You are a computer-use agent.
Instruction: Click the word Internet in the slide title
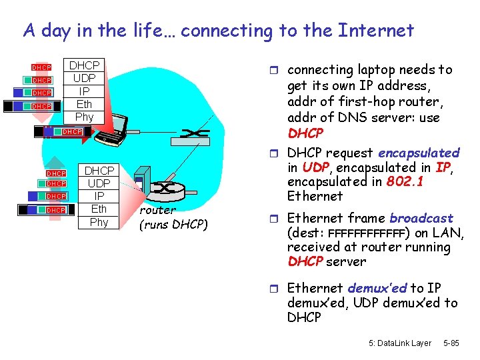tap(376, 31)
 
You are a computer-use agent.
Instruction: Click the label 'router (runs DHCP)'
tap(173, 217)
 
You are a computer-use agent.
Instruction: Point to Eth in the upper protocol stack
tap(85, 103)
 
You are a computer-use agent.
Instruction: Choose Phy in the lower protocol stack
tap(99, 222)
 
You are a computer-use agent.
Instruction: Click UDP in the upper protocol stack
tap(85, 78)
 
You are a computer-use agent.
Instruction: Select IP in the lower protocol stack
tap(99, 196)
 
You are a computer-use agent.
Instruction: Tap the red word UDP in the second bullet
tap(315, 167)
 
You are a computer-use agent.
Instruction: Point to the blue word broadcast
tap(421, 218)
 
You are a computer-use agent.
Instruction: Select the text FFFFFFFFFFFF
tap(367, 233)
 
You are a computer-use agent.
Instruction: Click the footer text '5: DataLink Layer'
tap(400, 343)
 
